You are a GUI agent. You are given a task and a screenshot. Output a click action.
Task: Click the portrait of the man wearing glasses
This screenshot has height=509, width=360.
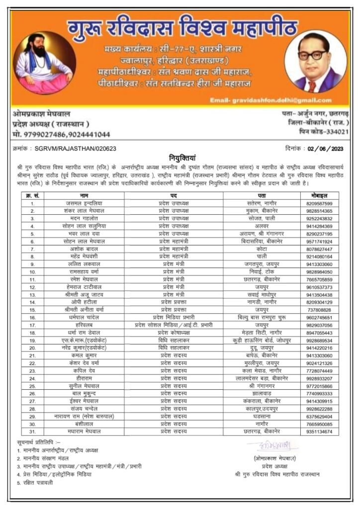tap(316, 62)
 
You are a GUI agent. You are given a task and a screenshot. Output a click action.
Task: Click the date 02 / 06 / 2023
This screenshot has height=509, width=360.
tap(325, 148)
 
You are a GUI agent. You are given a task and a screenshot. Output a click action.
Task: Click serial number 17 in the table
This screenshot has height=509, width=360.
tap(32, 325)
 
